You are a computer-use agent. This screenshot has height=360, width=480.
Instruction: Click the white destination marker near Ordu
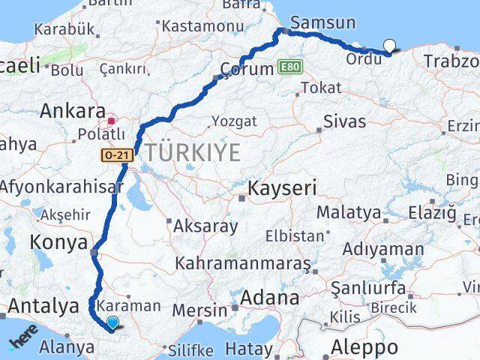(x=388, y=46)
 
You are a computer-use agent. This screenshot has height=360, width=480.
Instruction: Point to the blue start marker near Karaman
(x=112, y=323)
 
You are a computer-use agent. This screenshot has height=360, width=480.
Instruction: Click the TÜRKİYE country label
(x=193, y=153)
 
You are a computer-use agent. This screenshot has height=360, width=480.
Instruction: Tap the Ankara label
(x=72, y=112)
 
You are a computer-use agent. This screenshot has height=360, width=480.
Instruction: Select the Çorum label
(x=247, y=69)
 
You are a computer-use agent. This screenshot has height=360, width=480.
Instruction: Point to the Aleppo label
(x=367, y=347)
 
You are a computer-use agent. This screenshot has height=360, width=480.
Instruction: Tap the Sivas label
(x=344, y=121)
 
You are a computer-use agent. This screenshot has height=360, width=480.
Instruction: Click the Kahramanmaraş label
(x=243, y=264)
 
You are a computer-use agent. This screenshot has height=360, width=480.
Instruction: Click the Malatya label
(x=348, y=212)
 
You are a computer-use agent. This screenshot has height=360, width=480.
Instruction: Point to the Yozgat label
(x=233, y=120)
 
